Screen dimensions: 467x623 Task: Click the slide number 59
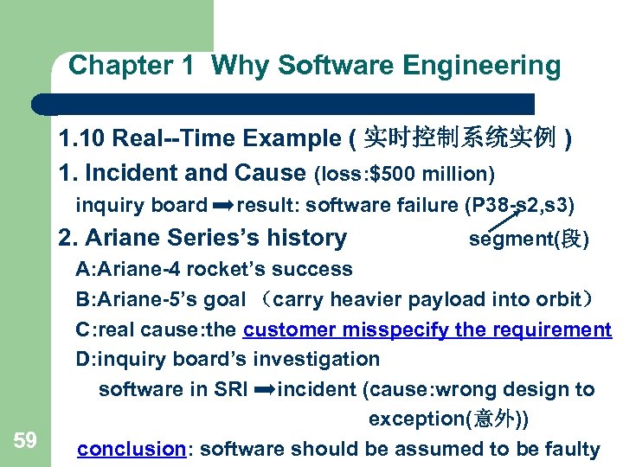(25, 441)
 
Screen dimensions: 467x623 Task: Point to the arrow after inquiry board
(222, 206)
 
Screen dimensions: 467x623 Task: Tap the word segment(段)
(528, 239)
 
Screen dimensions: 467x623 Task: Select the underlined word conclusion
(132, 449)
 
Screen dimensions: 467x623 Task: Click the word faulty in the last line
(571, 449)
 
